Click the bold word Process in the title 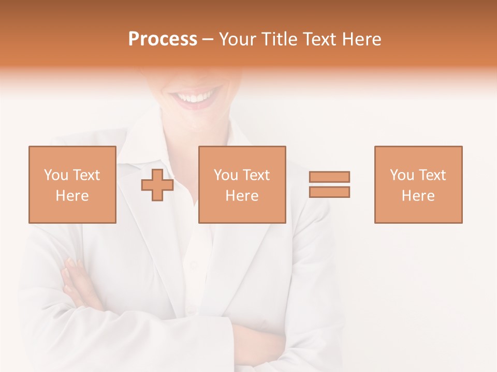tap(163, 39)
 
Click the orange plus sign tap(157, 185)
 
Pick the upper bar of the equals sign tap(329, 177)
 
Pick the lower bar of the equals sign tap(329, 192)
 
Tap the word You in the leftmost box tap(56, 175)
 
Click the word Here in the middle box tap(242, 196)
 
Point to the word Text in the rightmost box tap(431, 175)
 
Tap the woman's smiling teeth tap(195, 97)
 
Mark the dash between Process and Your tap(208, 40)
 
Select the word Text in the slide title tap(318, 39)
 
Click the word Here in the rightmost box tap(418, 196)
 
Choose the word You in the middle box tap(226, 175)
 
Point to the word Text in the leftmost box tap(85, 175)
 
